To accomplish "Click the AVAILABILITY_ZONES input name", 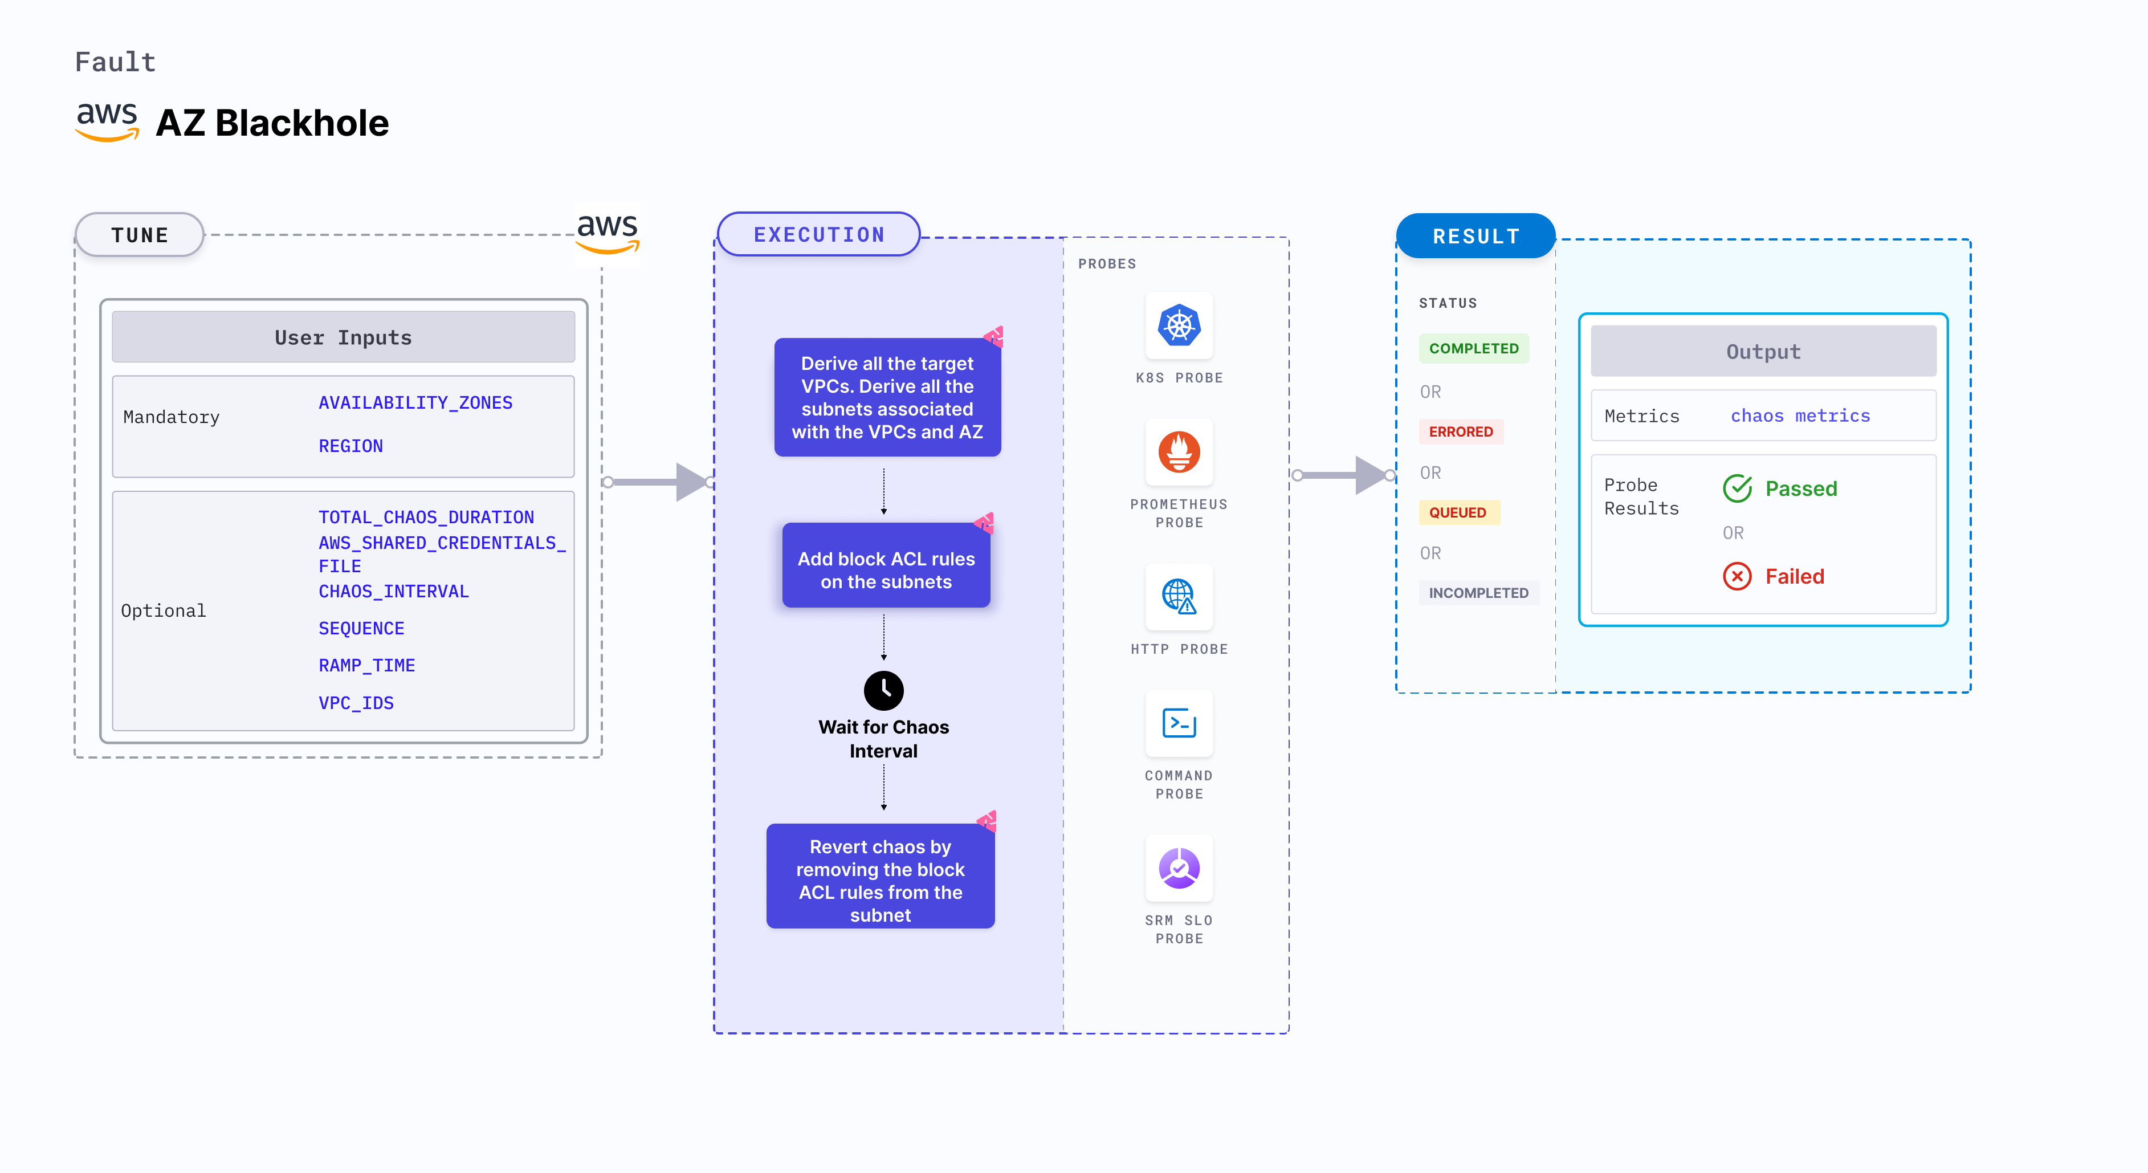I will click(415, 402).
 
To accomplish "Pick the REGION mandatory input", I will click(350, 446).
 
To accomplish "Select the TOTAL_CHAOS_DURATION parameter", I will click(426, 517).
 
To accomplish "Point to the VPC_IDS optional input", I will click(356, 703).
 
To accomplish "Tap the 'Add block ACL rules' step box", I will click(886, 569).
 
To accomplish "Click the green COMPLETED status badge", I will click(1473, 348).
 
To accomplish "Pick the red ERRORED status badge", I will click(1460, 432).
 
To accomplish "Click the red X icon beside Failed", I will click(1737, 576).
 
